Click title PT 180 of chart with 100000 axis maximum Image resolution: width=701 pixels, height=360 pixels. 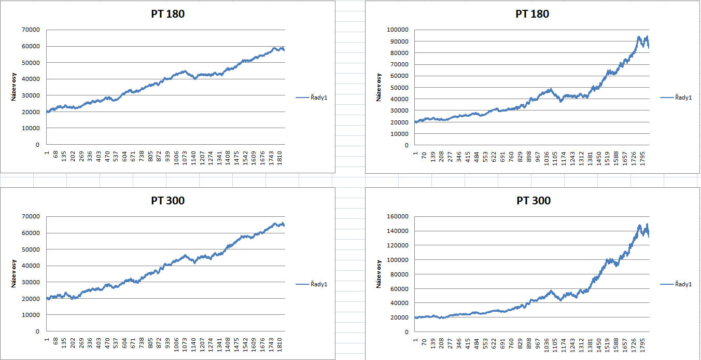point(532,14)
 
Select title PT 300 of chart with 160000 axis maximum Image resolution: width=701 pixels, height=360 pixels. point(534,201)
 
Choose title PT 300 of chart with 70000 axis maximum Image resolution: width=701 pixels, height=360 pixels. point(167,201)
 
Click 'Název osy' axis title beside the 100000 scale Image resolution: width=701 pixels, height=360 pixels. point(379,87)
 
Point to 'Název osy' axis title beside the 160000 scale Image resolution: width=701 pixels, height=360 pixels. point(379,273)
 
